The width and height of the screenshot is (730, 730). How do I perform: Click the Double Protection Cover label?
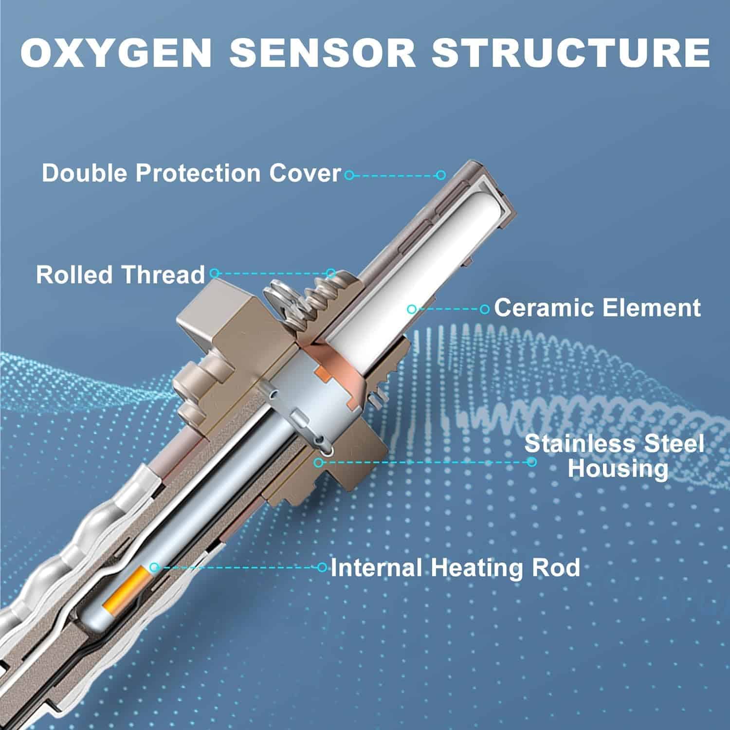191,173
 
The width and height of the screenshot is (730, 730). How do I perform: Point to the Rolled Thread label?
120,274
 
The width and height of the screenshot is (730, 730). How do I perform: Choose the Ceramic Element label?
597,308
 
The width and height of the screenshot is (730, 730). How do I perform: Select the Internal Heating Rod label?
455,567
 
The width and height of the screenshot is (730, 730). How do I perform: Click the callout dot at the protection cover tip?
441,175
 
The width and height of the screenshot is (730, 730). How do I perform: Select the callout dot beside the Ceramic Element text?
484,309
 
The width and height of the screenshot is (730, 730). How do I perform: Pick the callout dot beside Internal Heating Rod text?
322,567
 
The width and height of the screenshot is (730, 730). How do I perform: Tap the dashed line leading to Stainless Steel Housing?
423,461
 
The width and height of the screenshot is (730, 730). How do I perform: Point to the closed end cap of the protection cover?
494,195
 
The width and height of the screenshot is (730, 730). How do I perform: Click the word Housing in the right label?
618,469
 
